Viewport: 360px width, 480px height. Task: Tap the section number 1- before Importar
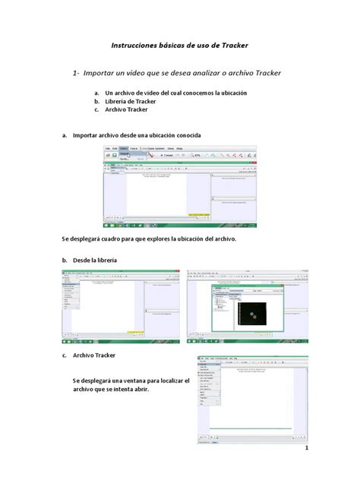click(77, 73)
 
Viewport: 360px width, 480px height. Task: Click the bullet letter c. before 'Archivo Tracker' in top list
click(96, 109)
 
